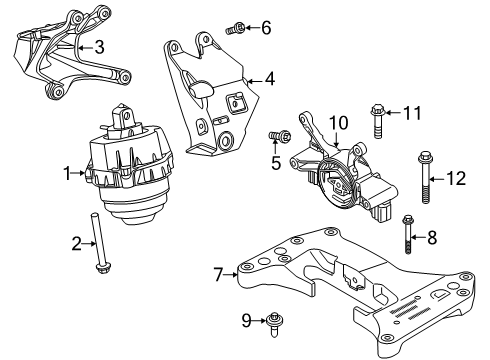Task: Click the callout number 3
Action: [x=99, y=47]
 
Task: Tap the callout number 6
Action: [x=266, y=28]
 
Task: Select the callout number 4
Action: [x=270, y=79]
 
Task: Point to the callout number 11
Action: [x=412, y=113]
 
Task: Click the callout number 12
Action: [x=456, y=178]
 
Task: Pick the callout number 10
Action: [x=339, y=123]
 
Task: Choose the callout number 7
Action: [x=218, y=275]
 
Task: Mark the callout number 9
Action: [x=246, y=320]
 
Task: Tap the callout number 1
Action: [x=68, y=173]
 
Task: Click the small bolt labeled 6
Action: [x=235, y=28]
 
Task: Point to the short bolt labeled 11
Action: [x=377, y=121]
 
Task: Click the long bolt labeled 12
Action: [x=425, y=177]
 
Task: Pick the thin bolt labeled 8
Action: [x=408, y=234]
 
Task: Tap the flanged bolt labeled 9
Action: [x=274, y=325]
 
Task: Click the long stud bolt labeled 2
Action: [x=98, y=242]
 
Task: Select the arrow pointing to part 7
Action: [x=231, y=275]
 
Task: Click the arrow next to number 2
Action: [x=89, y=244]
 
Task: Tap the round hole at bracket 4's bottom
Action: [x=226, y=139]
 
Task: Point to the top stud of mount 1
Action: [x=122, y=118]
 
